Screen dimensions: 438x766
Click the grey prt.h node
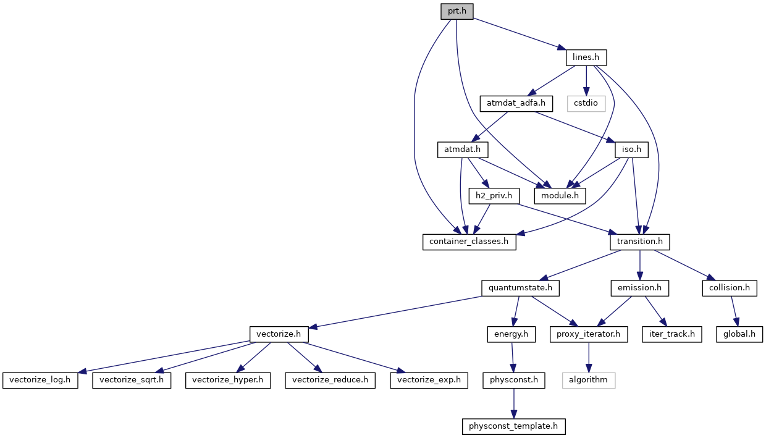(457, 11)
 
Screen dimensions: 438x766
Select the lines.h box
(586, 57)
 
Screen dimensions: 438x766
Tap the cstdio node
(586, 103)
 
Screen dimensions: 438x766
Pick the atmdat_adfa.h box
(516, 103)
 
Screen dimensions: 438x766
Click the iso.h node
(631, 150)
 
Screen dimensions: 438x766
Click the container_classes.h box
(469, 242)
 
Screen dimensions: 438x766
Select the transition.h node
(640, 242)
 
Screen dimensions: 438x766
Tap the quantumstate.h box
(521, 288)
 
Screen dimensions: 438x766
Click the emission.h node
(640, 288)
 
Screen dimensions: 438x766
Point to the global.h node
(739, 334)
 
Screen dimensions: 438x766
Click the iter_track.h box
(671, 334)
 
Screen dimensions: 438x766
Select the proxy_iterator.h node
(589, 334)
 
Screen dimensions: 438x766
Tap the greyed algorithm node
(589, 380)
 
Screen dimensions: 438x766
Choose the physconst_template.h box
(514, 426)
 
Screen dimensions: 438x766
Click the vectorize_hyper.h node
(228, 380)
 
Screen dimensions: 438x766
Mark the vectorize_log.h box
(41, 380)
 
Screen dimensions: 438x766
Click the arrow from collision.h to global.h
(734, 311)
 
